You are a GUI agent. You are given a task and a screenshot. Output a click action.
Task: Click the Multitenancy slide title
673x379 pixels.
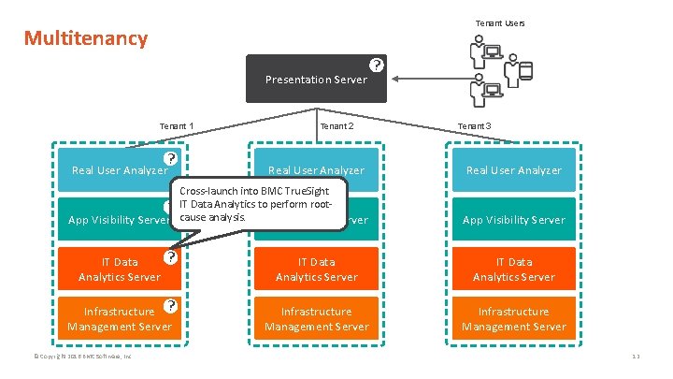click(86, 38)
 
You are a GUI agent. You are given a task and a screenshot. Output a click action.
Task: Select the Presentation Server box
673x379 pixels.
click(315, 79)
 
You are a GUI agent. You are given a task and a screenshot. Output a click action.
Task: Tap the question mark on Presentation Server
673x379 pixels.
click(375, 65)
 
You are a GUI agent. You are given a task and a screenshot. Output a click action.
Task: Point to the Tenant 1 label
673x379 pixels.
click(177, 126)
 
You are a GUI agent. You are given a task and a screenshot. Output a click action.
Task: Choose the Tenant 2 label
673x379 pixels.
click(337, 126)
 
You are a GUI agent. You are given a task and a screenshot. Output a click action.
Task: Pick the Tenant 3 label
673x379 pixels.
click(474, 126)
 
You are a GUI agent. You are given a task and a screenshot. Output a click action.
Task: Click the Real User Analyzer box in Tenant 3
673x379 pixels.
click(513, 169)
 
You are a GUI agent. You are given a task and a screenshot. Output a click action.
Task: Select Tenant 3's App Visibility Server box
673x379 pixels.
click(513, 219)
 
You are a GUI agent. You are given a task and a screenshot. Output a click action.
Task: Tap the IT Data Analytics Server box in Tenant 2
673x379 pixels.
click(316, 270)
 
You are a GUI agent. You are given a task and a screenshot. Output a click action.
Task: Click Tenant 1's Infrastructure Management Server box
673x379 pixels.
click(120, 319)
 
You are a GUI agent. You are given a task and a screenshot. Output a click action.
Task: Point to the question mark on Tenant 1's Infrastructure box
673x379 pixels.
click(170, 305)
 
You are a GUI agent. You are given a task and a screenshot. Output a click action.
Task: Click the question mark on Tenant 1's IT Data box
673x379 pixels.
click(170, 255)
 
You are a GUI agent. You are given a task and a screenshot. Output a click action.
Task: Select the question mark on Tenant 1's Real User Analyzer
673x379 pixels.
click(170, 159)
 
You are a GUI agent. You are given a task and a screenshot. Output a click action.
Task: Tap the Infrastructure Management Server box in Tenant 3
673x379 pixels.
click(513, 319)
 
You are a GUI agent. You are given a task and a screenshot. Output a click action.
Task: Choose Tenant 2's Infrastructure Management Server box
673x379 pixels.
click(316, 319)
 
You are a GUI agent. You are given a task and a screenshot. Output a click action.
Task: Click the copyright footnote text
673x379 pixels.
click(85, 357)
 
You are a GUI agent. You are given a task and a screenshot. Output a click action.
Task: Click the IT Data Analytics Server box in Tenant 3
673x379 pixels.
click(513, 270)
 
